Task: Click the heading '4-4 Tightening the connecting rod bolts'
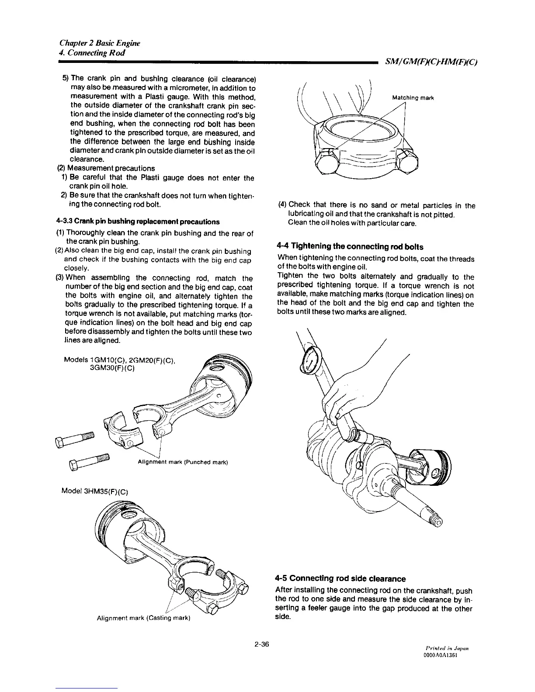[350, 247]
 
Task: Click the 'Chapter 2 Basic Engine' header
[100, 44]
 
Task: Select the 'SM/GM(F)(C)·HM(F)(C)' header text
[431, 62]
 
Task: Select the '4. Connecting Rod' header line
[92, 53]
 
